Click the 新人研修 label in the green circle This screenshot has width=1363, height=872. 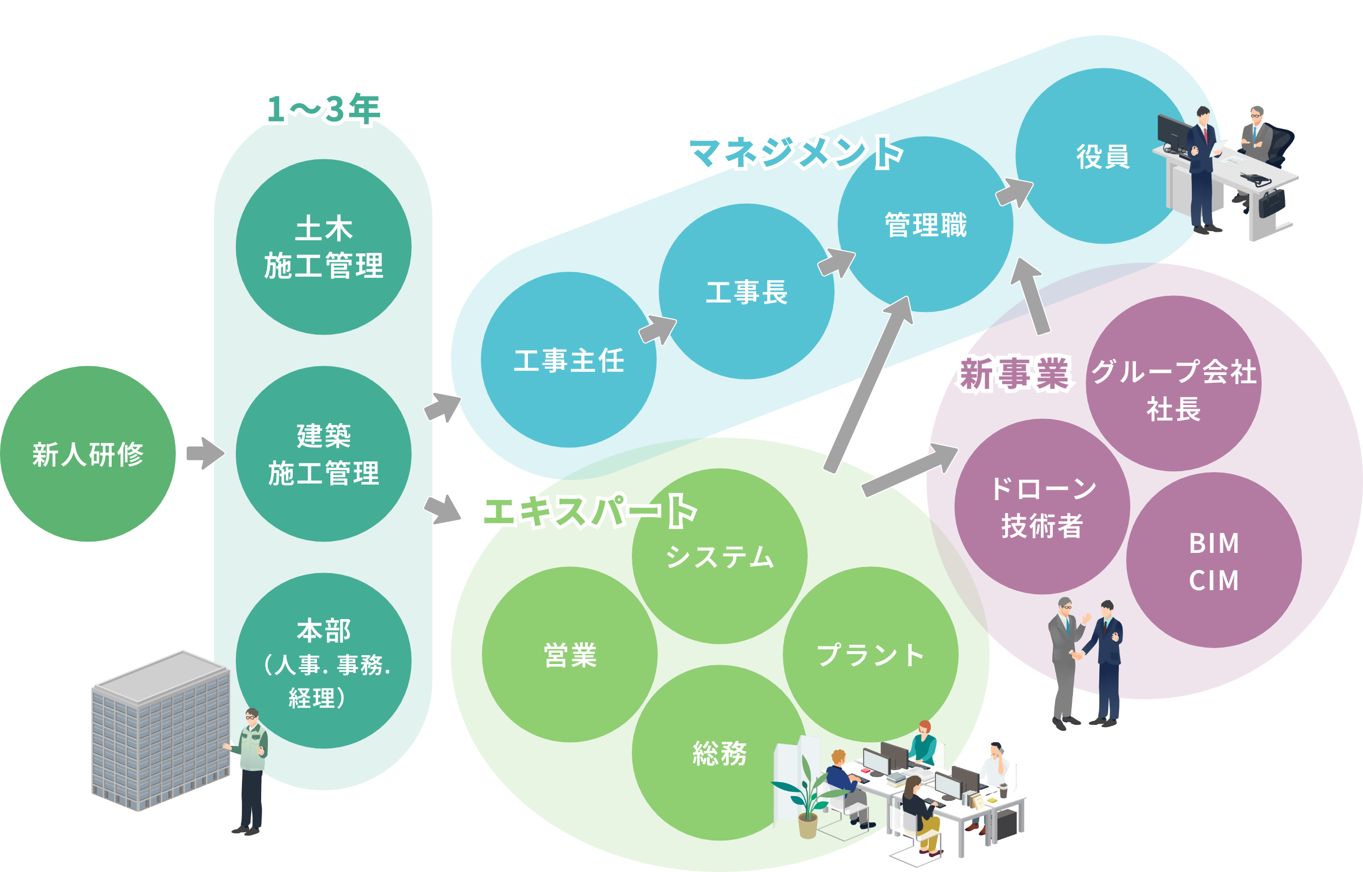click(88, 455)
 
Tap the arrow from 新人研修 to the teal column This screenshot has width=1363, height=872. click(205, 453)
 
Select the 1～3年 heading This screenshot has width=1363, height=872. click(324, 108)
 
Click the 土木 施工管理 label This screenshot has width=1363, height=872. click(324, 247)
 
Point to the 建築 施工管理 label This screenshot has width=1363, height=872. click(324, 455)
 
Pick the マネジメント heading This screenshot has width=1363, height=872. click(794, 153)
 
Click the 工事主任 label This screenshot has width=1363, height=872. click(569, 360)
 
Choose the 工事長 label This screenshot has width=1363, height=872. click(747, 293)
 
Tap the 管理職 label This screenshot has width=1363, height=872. click(926, 225)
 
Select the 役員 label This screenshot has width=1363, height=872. click(1102, 157)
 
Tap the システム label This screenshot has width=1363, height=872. click(719, 557)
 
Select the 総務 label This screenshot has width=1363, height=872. click(719, 754)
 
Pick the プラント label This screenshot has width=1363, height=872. click(870, 655)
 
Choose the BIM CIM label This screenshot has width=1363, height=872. click(1214, 562)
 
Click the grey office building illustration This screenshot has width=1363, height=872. click(161, 730)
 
